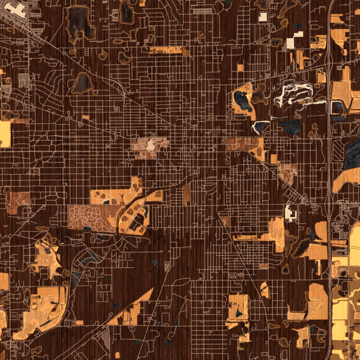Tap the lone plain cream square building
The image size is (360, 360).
[x=262, y=17]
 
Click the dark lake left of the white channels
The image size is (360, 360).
[x=242, y=101]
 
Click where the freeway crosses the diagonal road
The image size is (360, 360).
[x=330, y=54]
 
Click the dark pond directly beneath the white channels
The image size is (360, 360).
[x=293, y=127]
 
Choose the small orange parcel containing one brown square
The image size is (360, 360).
[x=240, y=68]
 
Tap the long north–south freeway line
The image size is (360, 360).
[x=329, y=180]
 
